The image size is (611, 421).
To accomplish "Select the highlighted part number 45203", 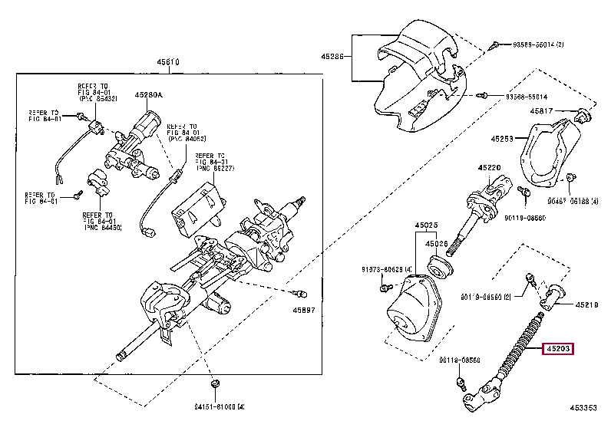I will click(x=558, y=350).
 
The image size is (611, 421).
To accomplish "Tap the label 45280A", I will click(x=149, y=95).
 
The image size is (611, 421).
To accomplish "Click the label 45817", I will click(x=542, y=112).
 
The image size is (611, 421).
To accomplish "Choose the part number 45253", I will click(x=503, y=139).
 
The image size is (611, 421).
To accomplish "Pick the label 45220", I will click(x=489, y=167).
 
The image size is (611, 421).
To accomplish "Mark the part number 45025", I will click(x=427, y=225).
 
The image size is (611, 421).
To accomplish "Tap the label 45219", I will click(x=586, y=304).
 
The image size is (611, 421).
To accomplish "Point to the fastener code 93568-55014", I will click(x=527, y=97).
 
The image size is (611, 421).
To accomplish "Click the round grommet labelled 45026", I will click(x=441, y=267).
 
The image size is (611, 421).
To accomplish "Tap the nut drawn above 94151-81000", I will click(x=213, y=383).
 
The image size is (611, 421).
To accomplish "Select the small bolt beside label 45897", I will click(x=301, y=294).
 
